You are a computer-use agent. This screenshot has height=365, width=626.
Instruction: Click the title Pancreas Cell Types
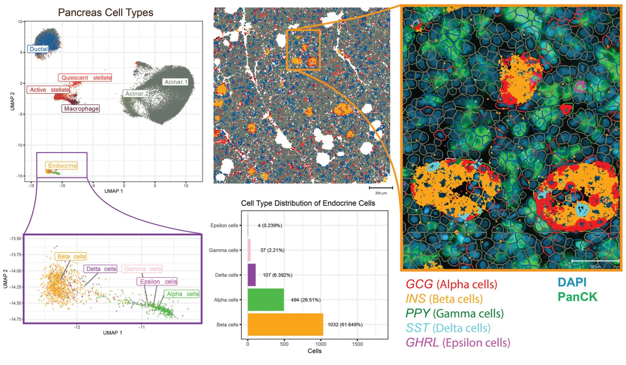[x=106, y=13]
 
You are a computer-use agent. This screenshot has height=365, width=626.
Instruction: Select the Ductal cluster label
[x=39, y=49]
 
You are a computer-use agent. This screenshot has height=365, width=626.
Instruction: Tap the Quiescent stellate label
[x=86, y=78]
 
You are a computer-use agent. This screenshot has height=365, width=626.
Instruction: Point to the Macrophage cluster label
[x=81, y=109]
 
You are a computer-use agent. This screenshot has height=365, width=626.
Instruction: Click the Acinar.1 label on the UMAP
[x=176, y=82]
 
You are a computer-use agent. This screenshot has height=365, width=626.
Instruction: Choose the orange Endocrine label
[x=62, y=166]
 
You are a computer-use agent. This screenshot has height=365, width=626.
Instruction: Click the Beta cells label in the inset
[x=71, y=256]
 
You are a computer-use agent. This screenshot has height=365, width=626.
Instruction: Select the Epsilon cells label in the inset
[x=158, y=282]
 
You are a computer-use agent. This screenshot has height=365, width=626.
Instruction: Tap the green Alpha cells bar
[x=265, y=300]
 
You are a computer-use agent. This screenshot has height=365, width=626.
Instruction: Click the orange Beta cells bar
[x=285, y=324]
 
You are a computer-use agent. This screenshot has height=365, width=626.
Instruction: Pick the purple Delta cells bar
[x=251, y=275]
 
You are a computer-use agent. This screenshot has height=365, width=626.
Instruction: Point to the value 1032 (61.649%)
[x=345, y=325]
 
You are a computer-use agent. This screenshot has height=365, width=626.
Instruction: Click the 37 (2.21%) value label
[x=272, y=250]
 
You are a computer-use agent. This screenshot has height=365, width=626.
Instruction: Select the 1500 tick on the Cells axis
[x=357, y=344]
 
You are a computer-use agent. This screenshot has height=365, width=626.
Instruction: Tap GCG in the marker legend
[x=419, y=284]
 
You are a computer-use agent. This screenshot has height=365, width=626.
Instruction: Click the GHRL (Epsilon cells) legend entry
[x=458, y=343]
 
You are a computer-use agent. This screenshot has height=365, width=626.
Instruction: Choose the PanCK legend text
[x=577, y=297]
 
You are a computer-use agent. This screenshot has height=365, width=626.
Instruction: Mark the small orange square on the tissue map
[x=303, y=50]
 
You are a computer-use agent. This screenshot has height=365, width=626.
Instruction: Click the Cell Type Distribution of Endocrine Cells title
[x=308, y=203]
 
